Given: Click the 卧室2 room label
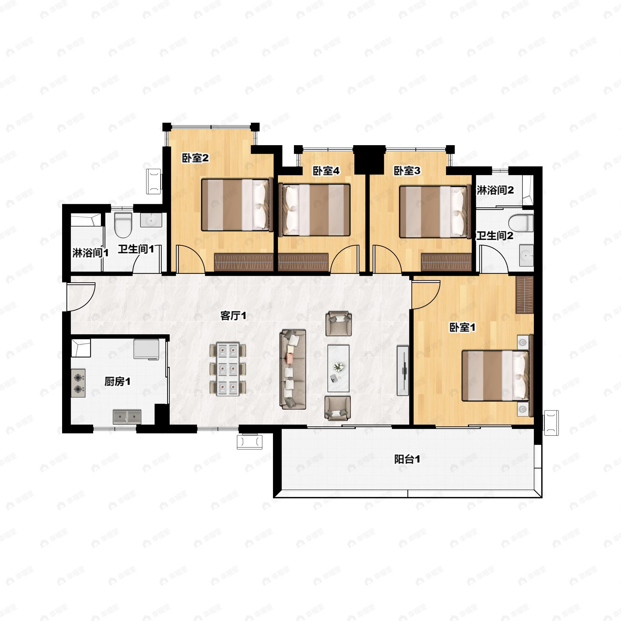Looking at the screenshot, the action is pyautogui.click(x=195, y=158).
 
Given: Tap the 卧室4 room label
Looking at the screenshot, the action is pyautogui.click(x=326, y=171).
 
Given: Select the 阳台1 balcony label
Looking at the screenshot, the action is pyautogui.click(x=407, y=459).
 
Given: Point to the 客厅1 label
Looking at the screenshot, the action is pyautogui.click(x=233, y=316).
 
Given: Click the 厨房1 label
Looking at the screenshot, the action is pyautogui.click(x=118, y=382).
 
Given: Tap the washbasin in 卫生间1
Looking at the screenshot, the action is pyautogui.click(x=151, y=220).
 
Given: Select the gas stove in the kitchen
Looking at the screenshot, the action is pyautogui.click(x=78, y=383).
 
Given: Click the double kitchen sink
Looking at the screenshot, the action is pyautogui.click(x=127, y=417).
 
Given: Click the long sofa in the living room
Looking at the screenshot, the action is pyautogui.click(x=292, y=369).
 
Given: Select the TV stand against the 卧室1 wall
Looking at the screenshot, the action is pyautogui.click(x=403, y=371).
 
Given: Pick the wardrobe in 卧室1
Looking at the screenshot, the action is pyautogui.click(x=524, y=294).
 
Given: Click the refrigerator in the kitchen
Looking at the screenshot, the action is pyautogui.click(x=146, y=349).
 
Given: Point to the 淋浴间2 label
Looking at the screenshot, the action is pyautogui.click(x=495, y=190).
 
